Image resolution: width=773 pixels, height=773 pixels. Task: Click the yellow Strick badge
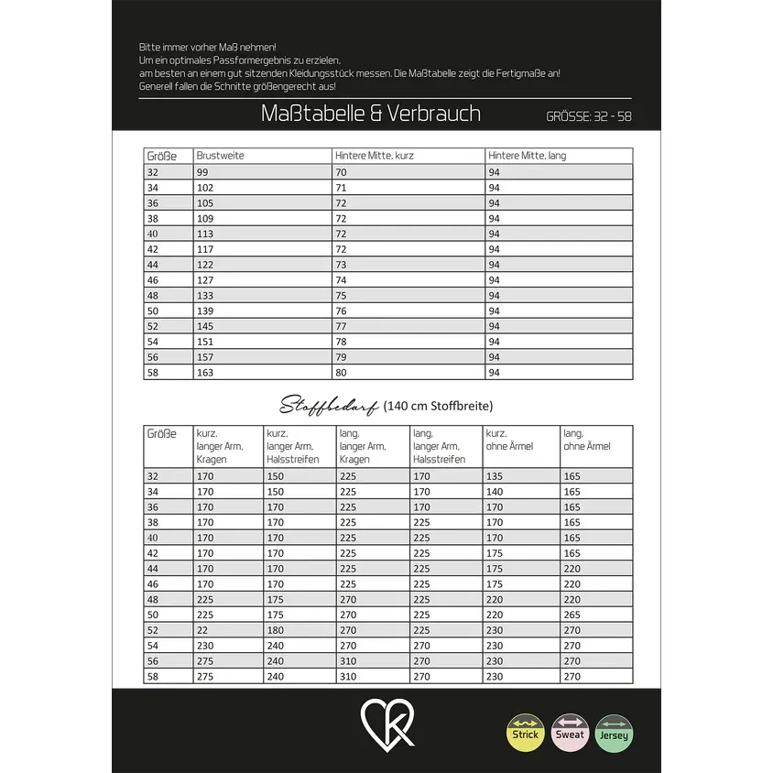525,733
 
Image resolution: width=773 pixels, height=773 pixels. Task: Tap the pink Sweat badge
570,733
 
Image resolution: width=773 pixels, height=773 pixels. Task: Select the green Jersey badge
614,733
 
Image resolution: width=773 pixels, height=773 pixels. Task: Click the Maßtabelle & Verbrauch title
371,114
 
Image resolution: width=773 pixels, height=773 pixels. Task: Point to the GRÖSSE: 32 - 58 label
588,116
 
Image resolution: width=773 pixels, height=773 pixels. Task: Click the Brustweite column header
221,156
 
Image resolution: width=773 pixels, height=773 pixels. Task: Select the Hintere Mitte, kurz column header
374,156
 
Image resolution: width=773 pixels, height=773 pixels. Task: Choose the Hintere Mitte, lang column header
527,156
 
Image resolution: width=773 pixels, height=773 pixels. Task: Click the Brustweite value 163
204,373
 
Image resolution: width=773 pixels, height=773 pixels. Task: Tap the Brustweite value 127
204,279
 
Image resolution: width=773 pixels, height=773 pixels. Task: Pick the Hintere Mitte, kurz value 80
341,373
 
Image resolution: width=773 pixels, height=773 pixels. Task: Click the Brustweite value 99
201,171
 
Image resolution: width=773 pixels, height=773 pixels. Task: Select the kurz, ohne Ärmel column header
509,440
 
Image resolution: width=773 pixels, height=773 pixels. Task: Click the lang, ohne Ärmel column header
586,440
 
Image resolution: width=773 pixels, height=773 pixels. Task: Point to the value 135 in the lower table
495,476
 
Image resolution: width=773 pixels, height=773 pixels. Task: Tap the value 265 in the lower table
572,615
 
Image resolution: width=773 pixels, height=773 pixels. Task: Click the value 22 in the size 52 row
201,630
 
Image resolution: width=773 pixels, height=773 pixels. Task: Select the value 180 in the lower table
275,630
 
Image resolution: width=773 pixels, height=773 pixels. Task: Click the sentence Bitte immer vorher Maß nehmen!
207,46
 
